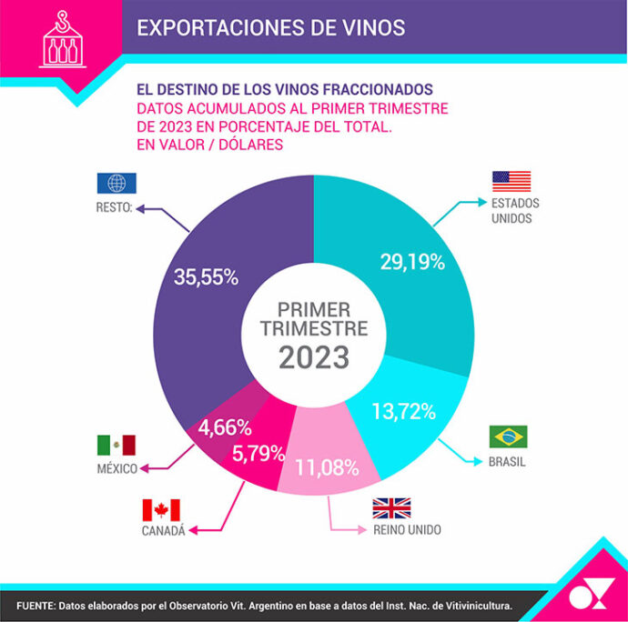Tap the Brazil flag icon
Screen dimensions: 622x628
508,436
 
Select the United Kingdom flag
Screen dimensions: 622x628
391,507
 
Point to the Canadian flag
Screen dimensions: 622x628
161,510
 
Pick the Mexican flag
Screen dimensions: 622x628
116,446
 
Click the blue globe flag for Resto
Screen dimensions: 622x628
116,183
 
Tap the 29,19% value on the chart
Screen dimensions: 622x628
411,263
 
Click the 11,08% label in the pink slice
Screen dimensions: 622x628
325,468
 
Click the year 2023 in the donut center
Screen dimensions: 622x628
314,357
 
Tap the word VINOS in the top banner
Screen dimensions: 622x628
369,27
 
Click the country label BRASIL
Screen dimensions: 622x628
508,462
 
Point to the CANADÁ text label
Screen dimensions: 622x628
163,532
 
